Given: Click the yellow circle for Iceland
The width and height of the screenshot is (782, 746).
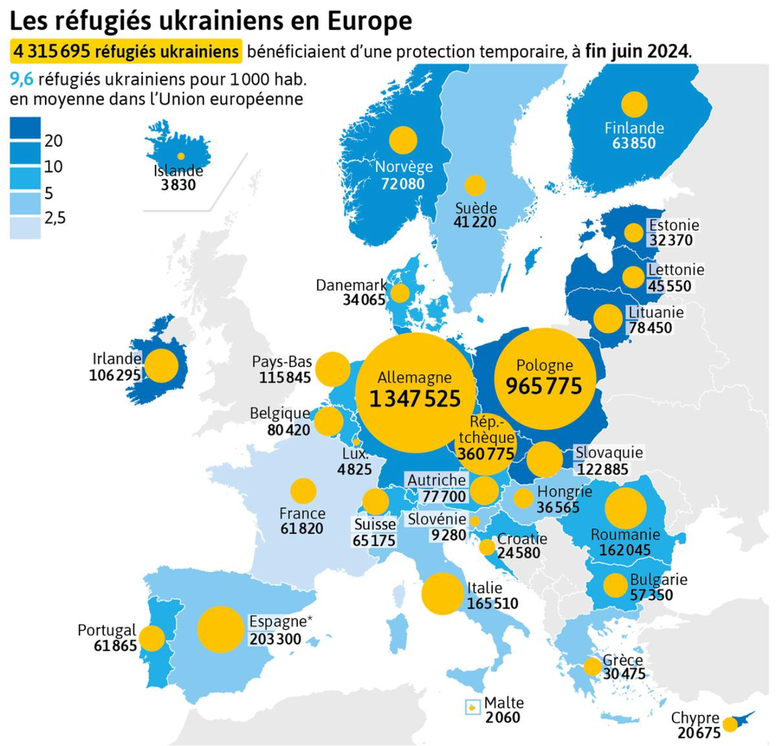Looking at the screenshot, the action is [x=181, y=156].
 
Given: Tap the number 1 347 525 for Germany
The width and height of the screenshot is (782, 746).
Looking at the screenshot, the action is [x=415, y=399].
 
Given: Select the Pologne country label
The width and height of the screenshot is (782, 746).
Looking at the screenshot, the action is [x=544, y=366].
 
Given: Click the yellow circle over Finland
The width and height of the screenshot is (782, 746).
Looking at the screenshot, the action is [x=635, y=105].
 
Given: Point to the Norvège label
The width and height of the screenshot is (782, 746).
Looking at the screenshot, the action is [x=404, y=166].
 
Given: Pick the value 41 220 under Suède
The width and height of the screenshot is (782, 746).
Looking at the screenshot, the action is [x=475, y=222].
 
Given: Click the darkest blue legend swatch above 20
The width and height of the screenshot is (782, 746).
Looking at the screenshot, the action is [x=25, y=128].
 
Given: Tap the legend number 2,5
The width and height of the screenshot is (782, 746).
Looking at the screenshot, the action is [x=55, y=218].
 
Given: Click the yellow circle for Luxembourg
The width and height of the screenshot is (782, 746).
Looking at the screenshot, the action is [x=356, y=442].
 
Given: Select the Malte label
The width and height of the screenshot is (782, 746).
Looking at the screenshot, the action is [x=504, y=702].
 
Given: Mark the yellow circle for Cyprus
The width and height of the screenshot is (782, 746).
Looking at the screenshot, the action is [x=730, y=724].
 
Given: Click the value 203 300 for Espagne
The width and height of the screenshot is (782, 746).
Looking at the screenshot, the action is [x=275, y=639].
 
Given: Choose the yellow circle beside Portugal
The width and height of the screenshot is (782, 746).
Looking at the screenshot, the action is [x=152, y=638].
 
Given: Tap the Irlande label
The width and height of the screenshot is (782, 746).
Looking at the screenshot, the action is [x=117, y=359].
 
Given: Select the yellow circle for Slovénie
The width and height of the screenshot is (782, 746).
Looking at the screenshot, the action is [x=475, y=521].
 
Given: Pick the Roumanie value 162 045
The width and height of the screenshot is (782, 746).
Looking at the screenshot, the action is [x=625, y=550].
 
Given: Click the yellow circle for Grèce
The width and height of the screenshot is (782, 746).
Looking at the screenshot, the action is [x=593, y=667].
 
